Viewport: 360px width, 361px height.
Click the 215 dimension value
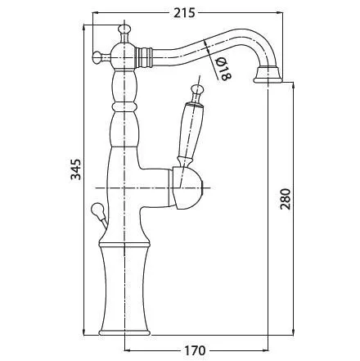pyautogui.click(x=185, y=13)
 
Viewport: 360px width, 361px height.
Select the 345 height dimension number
pyautogui.click(x=76, y=169)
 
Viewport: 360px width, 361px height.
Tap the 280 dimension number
pyautogui.click(x=286, y=198)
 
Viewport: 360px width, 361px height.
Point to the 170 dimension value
pyautogui.click(x=195, y=350)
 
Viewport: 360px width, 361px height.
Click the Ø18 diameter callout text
pyautogui.click(x=223, y=69)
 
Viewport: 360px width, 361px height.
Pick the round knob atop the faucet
pyautogui.click(x=124, y=29)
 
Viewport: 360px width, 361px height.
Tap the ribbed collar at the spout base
pyautogui.click(x=145, y=57)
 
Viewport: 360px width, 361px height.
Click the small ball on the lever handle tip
pyautogui.click(x=197, y=89)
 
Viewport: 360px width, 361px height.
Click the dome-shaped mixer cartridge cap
pyautogui.click(x=187, y=188)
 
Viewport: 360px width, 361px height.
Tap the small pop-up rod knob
pyautogui.click(x=97, y=210)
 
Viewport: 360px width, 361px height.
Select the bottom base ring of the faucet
pyautogui.click(x=124, y=332)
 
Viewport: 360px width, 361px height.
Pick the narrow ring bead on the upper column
pyautogui.click(x=124, y=107)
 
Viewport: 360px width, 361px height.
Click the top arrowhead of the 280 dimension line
pyautogui.click(x=293, y=86)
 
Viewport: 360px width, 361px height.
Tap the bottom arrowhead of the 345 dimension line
pyautogui.click(x=83, y=332)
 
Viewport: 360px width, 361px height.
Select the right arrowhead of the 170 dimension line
pyautogui.click(x=265, y=350)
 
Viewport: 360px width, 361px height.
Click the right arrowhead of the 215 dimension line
pyautogui.click(x=279, y=12)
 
